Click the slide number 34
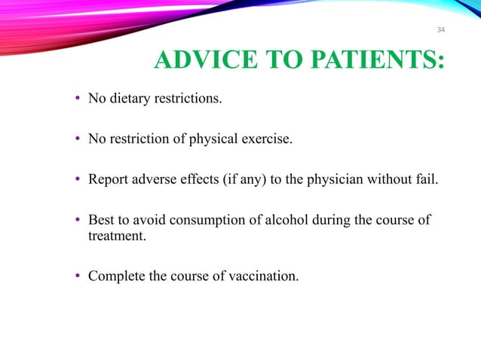point(441,30)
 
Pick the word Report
point(108,179)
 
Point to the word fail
point(424,179)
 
